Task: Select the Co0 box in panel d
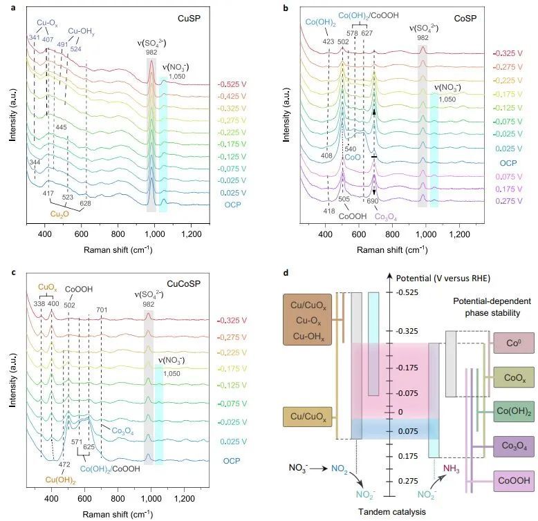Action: pos(512,342)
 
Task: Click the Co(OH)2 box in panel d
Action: pos(512,411)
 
